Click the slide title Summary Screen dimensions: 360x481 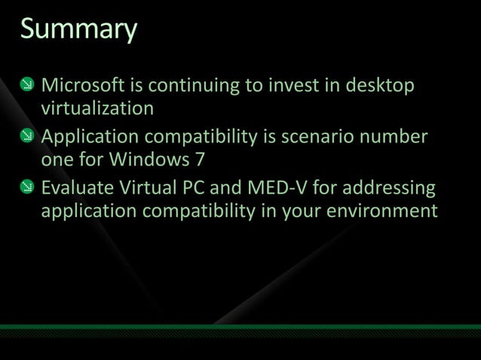click(x=78, y=30)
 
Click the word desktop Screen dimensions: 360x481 click(x=381, y=86)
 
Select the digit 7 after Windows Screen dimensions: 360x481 click(x=200, y=160)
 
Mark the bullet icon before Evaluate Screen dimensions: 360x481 click(x=26, y=187)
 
